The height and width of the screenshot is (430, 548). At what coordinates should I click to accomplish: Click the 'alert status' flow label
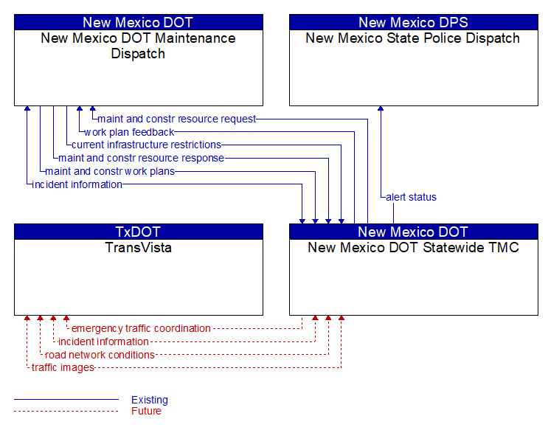pos(411,197)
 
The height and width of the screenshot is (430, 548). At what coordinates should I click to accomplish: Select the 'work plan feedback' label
pos(129,132)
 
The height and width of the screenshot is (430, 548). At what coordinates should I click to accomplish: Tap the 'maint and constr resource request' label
pos(177,119)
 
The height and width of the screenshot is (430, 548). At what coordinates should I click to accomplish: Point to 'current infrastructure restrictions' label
pos(147,145)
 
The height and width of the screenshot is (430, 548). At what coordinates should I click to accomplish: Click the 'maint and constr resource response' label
pos(141,158)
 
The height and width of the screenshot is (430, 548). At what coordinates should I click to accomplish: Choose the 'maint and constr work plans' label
pos(110,171)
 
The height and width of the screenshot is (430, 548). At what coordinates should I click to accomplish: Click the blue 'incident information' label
pos(77,184)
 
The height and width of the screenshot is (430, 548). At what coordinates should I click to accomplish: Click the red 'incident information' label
pos(103,341)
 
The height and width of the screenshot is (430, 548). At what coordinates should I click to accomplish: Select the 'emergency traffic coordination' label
pos(141,329)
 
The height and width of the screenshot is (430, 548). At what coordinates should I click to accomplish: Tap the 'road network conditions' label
pos(100,355)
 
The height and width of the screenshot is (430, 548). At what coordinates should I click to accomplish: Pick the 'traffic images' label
pos(63,368)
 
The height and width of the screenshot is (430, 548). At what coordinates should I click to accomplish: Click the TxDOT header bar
pos(139,232)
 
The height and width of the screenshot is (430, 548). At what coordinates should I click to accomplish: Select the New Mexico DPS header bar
pos(414,22)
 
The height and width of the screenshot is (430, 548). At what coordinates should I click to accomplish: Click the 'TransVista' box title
pos(139,248)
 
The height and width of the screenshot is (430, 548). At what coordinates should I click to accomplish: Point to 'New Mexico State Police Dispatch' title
pos(413,38)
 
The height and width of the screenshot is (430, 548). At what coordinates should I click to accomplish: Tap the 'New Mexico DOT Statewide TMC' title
pos(414,248)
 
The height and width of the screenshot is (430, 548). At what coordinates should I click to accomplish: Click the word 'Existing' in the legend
pos(150,400)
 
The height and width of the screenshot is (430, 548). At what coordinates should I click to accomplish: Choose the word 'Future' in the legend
pos(147,411)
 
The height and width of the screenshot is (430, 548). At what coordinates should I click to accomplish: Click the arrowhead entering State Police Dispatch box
pos(381,108)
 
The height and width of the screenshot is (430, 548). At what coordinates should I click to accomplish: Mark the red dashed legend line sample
pos(66,411)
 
